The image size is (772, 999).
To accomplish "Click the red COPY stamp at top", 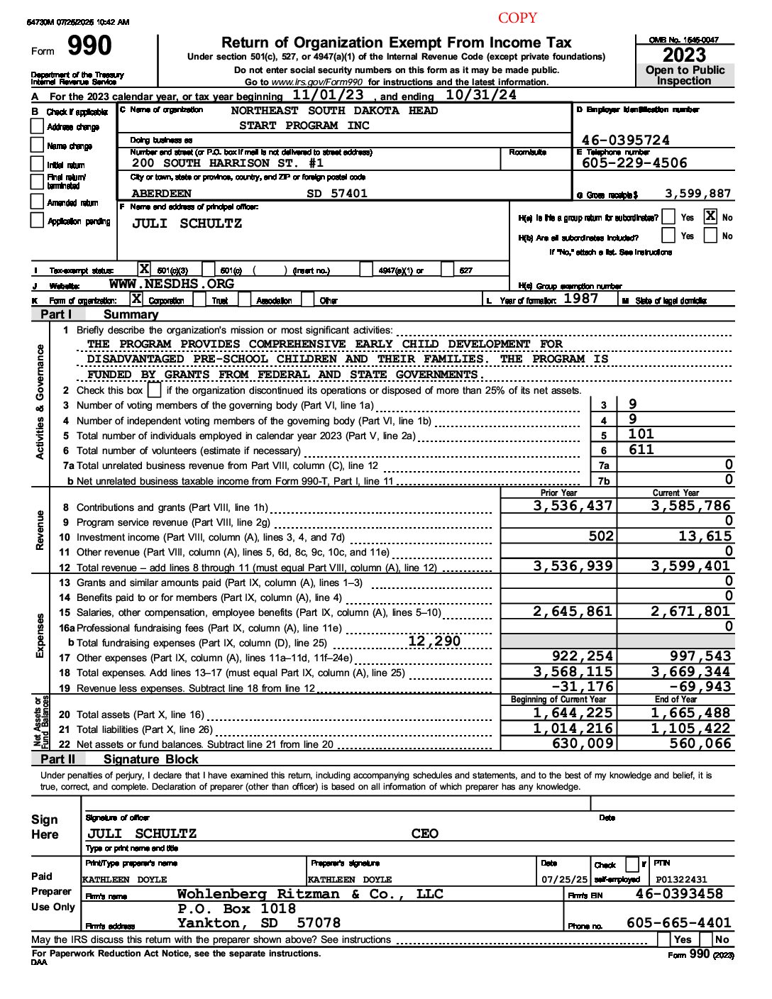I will click(x=517, y=18).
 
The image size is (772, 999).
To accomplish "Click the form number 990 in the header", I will click(x=89, y=47).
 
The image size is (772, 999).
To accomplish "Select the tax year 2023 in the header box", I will click(x=684, y=55).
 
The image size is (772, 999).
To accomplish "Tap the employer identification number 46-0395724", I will click(x=625, y=140).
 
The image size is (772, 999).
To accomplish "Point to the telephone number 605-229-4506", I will click(x=634, y=162).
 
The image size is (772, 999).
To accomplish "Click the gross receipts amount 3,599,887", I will click(x=697, y=193).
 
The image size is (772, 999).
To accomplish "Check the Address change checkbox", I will click(x=38, y=126).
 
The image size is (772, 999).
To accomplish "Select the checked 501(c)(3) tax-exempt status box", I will click(x=144, y=269).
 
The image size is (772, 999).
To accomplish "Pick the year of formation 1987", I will click(x=580, y=299).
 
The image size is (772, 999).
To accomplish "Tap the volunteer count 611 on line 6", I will click(x=641, y=449).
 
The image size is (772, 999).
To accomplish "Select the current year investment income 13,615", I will click(x=705, y=536).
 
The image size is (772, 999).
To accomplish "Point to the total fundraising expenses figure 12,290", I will click(x=434, y=641).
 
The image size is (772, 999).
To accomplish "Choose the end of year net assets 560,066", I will click(x=700, y=743).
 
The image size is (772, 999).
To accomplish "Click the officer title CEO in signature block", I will click(x=424, y=834).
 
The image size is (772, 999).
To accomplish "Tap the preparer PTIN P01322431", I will click(x=681, y=879).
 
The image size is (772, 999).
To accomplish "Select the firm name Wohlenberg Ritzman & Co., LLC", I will click(x=309, y=894).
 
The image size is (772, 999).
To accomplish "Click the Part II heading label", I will click(x=57, y=758).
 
